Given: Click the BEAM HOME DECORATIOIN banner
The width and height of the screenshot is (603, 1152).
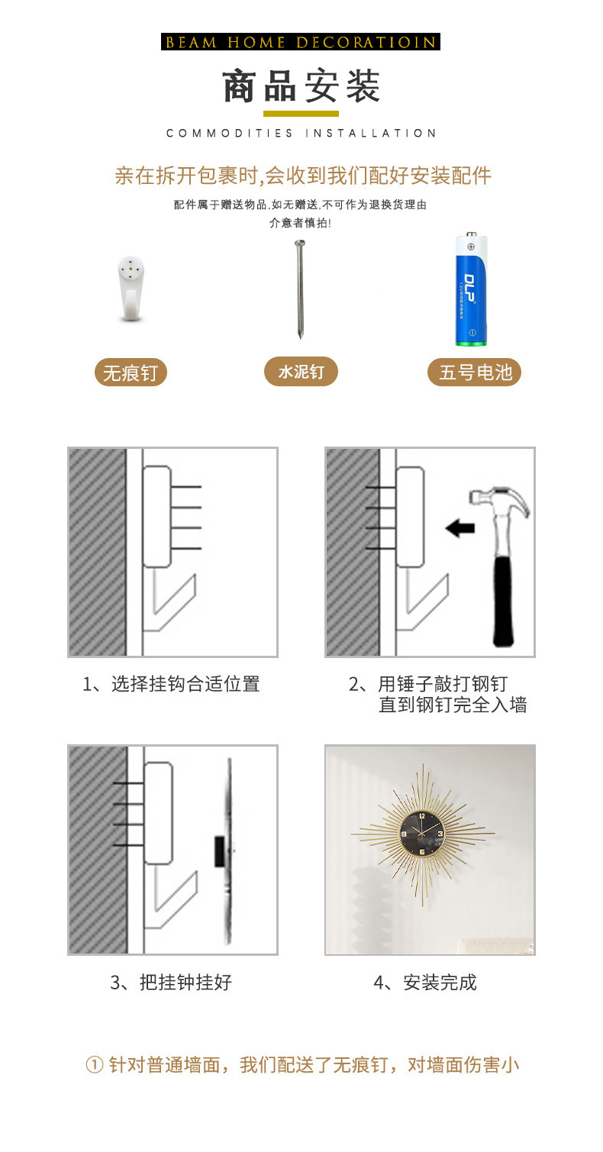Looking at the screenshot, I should point(301,42).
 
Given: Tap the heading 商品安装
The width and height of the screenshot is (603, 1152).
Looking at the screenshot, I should point(301,86).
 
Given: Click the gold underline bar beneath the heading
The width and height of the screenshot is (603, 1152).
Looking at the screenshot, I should point(301,114).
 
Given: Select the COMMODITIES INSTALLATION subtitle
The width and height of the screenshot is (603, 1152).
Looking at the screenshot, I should point(301,133).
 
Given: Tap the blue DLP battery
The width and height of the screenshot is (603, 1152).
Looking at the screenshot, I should point(471,289).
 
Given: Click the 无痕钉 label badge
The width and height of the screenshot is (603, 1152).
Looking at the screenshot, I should point(131,373).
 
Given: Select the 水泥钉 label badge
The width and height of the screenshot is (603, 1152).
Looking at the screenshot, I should point(301,372).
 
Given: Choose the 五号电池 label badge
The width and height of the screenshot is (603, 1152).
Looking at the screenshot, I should point(474,373).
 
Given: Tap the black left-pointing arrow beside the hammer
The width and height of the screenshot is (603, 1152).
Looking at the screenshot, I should point(460,528).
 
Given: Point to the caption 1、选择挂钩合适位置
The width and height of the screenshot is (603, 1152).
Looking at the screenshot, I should point(172,684).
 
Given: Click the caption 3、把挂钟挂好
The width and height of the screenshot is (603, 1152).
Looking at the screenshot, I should point(172,983).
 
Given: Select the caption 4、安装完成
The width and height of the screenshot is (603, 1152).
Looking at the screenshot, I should point(425,983).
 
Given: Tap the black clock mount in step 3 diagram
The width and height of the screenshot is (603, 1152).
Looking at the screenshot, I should point(219,850).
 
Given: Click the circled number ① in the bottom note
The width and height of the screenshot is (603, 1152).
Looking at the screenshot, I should point(94,1065).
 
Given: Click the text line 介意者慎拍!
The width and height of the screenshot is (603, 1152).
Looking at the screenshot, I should point(300,223).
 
